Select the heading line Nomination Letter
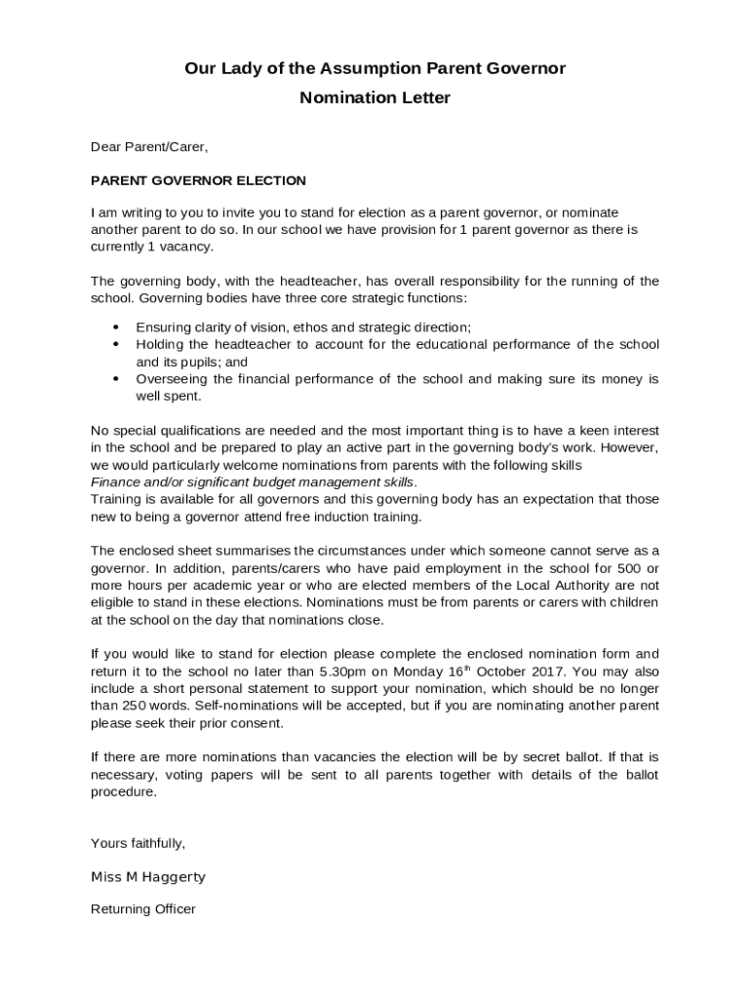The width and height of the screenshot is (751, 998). click(375, 98)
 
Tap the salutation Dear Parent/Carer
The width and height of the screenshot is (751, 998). click(149, 147)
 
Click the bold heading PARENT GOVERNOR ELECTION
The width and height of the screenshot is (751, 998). click(198, 180)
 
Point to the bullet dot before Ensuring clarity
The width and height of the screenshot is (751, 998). click(116, 327)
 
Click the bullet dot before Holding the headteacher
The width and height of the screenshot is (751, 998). click(116, 345)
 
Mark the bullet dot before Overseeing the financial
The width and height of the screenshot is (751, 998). click(116, 379)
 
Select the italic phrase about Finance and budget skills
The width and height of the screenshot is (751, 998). click(254, 482)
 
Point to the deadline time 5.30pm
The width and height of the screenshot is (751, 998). click(346, 672)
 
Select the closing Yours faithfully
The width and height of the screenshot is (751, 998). click(138, 843)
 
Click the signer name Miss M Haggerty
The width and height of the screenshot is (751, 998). click(148, 877)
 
